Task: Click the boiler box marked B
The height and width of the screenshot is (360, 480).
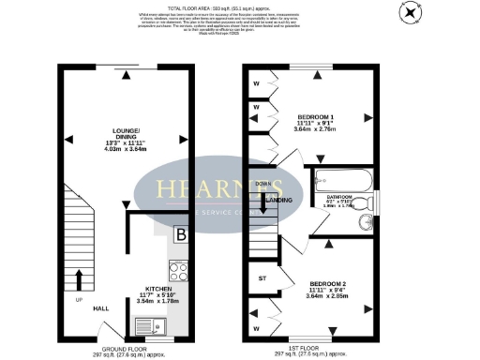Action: [x=181, y=234]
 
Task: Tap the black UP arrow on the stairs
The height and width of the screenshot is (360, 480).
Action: [x=78, y=278]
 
